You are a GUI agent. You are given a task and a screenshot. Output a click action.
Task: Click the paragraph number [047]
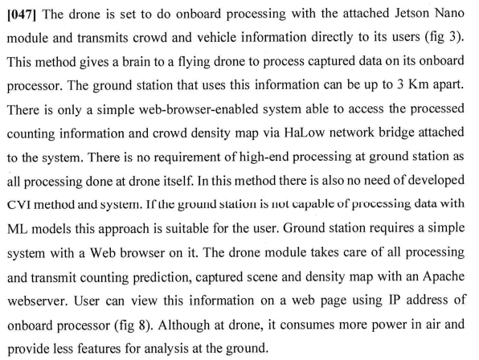(22, 14)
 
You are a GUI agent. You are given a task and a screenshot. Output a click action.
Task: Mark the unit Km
(419, 84)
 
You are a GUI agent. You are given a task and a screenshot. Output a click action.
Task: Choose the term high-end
(264, 157)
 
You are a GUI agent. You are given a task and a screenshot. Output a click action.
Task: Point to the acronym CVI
(18, 205)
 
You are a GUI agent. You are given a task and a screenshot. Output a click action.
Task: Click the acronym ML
(18, 229)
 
